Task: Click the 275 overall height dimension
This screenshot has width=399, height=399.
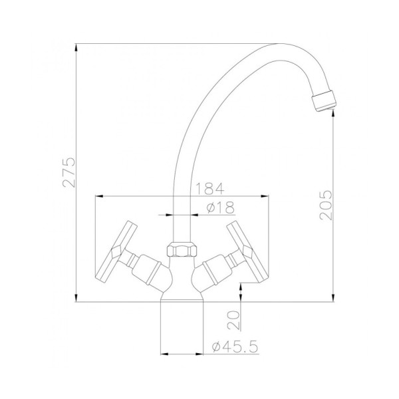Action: point(69,172)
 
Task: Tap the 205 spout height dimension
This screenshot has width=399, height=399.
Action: point(326,205)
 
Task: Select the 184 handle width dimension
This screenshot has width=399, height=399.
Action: point(209,189)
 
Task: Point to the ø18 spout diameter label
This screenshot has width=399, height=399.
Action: point(220,207)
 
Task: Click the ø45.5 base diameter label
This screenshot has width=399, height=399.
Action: point(235,346)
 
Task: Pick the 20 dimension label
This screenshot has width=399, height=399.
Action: point(233,320)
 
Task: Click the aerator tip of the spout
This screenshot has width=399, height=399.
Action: point(324,101)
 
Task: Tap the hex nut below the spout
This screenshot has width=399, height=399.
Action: point(182,249)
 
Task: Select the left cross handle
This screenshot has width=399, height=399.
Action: point(116,251)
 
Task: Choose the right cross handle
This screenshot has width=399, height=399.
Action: point(247,251)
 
